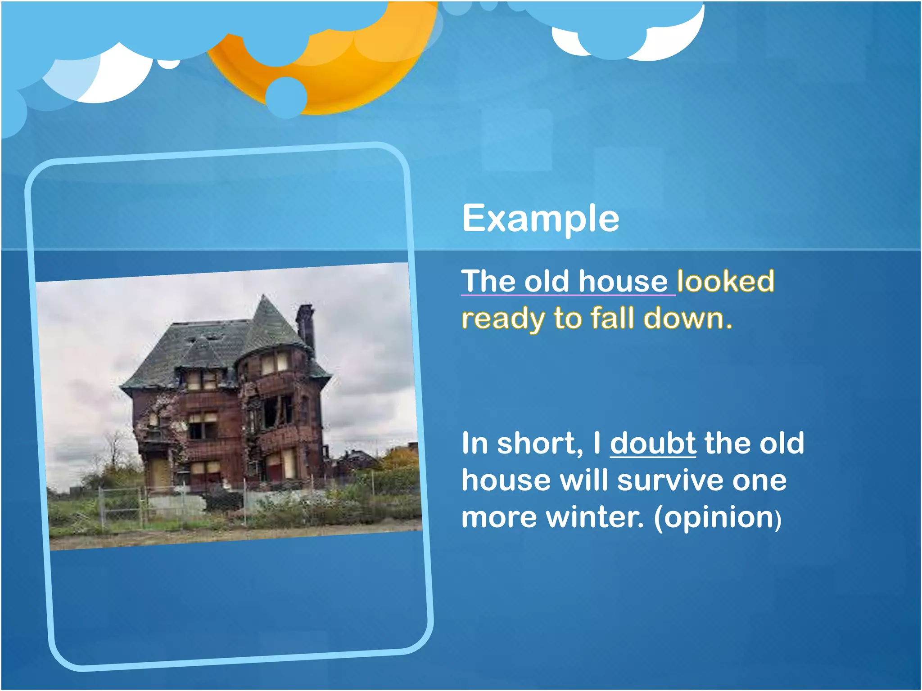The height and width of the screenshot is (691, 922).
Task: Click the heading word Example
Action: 540,219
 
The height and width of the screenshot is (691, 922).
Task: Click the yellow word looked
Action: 725,282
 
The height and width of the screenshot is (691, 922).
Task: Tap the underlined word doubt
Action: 652,444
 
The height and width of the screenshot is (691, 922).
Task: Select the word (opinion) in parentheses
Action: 717,518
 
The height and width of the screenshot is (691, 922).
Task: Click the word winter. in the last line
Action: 595,518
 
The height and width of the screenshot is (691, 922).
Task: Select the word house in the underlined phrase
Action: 623,282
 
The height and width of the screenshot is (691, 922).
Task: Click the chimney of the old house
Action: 305,324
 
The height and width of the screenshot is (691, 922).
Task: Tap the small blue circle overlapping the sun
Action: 286,97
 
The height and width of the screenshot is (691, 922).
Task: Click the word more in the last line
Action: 499,518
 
